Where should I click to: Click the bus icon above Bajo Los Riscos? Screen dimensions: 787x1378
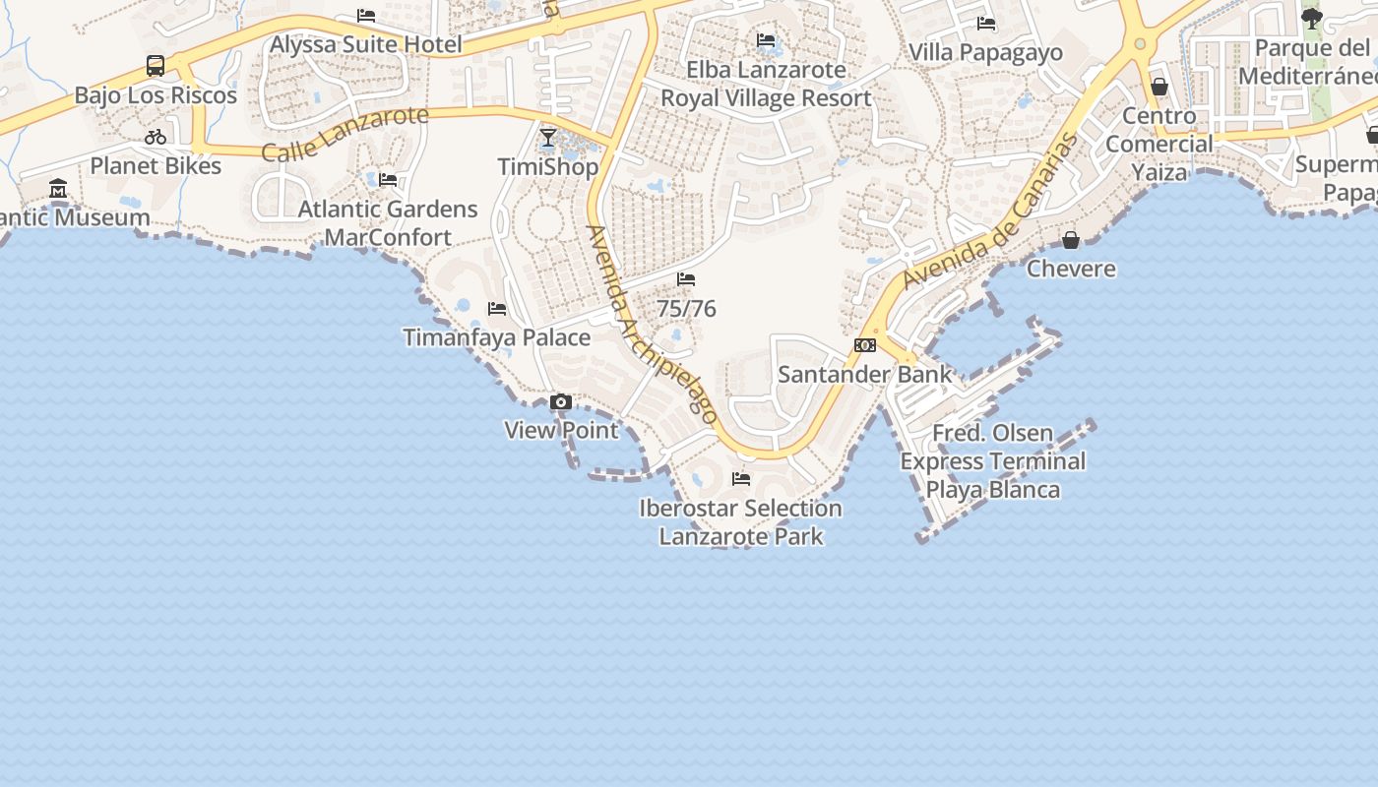(156, 66)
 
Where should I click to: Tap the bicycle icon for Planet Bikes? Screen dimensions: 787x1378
(156, 137)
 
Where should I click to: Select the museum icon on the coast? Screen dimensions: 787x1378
(58, 188)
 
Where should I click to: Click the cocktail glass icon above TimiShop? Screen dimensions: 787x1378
(548, 138)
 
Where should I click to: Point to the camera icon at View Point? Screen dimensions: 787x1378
(561, 401)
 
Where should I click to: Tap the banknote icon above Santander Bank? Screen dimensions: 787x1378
(865, 345)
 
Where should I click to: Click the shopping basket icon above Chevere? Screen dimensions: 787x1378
(1071, 240)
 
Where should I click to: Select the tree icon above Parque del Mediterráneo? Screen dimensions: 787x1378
(1311, 18)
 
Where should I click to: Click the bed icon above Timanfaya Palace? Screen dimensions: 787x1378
(497, 309)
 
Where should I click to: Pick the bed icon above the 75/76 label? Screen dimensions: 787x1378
(686, 280)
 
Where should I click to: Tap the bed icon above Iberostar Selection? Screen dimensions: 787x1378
(741, 479)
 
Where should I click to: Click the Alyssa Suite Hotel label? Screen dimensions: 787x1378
(365, 44)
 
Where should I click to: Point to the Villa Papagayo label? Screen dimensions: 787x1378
(985, 52)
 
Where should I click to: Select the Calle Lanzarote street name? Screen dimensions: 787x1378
(344, 134)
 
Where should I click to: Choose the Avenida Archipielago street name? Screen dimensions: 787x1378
(651, 325)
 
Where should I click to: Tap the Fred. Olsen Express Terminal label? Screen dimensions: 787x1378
(993, 461)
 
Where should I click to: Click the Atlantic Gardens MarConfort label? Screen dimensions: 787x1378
(388, 223)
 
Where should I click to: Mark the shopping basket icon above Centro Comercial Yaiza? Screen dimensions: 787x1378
(1159, 87)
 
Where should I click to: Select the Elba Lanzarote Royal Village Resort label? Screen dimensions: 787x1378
(766, 84)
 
